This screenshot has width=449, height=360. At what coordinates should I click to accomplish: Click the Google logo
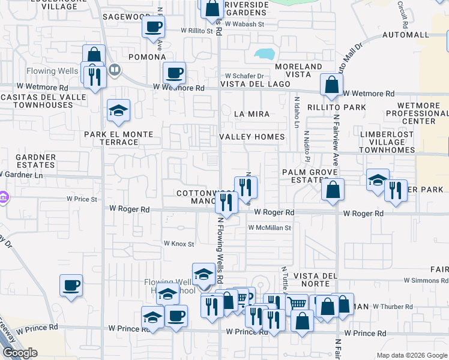(20, 353)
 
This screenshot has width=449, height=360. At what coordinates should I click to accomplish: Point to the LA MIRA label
(252, 113)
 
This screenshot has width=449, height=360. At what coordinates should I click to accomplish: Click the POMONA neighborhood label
(146, 57)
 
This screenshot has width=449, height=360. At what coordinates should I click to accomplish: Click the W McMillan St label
(270, 228)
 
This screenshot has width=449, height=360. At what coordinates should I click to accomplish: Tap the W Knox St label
(179, 244)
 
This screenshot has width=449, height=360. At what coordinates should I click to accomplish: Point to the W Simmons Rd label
(426, 280)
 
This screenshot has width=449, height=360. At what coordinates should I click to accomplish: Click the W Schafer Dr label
(244, 76)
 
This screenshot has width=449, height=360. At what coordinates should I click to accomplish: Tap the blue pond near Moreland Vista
(264, 53)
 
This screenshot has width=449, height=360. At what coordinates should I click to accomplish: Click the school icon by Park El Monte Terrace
(119, 110)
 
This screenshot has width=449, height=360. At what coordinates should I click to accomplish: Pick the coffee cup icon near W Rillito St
(153, 26)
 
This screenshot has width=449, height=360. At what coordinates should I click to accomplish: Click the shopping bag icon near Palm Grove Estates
(333, 189)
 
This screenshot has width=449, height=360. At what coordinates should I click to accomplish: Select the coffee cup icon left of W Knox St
(71, 284)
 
